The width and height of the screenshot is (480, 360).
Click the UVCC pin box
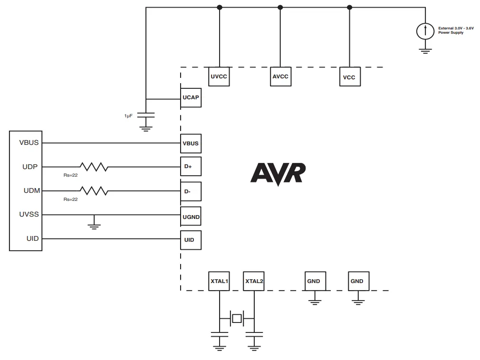click(x=219, y=76)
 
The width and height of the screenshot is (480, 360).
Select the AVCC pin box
click(x=280, y=76)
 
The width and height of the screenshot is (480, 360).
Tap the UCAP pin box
click(x=191, y=98)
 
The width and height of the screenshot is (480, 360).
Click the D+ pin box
click(x=191, y=167)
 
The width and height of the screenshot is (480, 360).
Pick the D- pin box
click(x=191, y=192)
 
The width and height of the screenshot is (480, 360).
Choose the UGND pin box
click(x=191, y=217)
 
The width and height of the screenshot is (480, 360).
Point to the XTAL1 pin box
click(x=219, y=281)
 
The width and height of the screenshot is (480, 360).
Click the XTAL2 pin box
click(x=254, y=281)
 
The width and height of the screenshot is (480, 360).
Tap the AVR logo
click(x=278, y=174)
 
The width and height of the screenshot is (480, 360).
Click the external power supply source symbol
click(x=425, y=31)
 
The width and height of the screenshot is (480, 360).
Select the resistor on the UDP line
click(x=94, y=167)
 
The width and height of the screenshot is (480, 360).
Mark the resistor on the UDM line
click(x=94, y=191)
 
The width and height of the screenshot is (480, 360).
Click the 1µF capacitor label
click(x=128, y=115)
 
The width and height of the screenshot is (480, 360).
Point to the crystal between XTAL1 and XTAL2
click(x=236, y=318)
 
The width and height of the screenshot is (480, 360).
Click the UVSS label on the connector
click(x=29, y=215)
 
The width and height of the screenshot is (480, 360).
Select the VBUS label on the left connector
click(x=29, y=142)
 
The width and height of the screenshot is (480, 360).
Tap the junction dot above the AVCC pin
click(x=280, y=7)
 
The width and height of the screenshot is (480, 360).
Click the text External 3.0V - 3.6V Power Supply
click(x=456, y=30)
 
